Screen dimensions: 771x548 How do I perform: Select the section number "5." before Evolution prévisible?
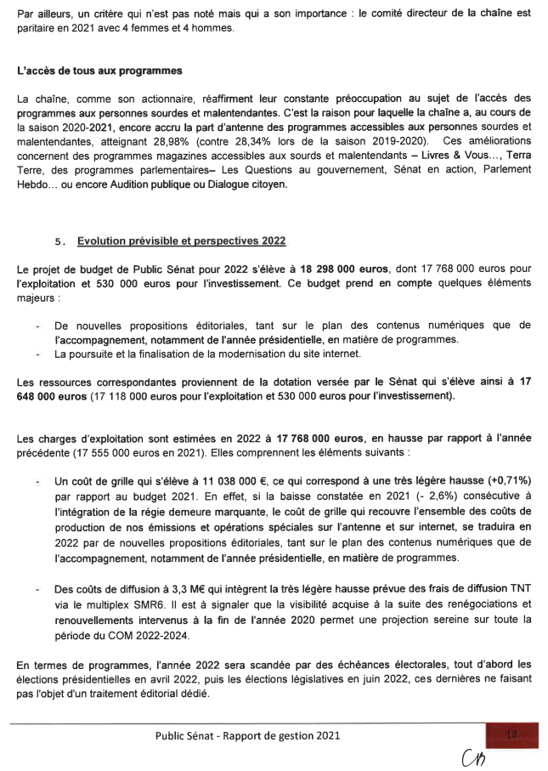click(60, 241)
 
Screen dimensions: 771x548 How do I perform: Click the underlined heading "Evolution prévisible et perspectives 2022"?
click(182, 241)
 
